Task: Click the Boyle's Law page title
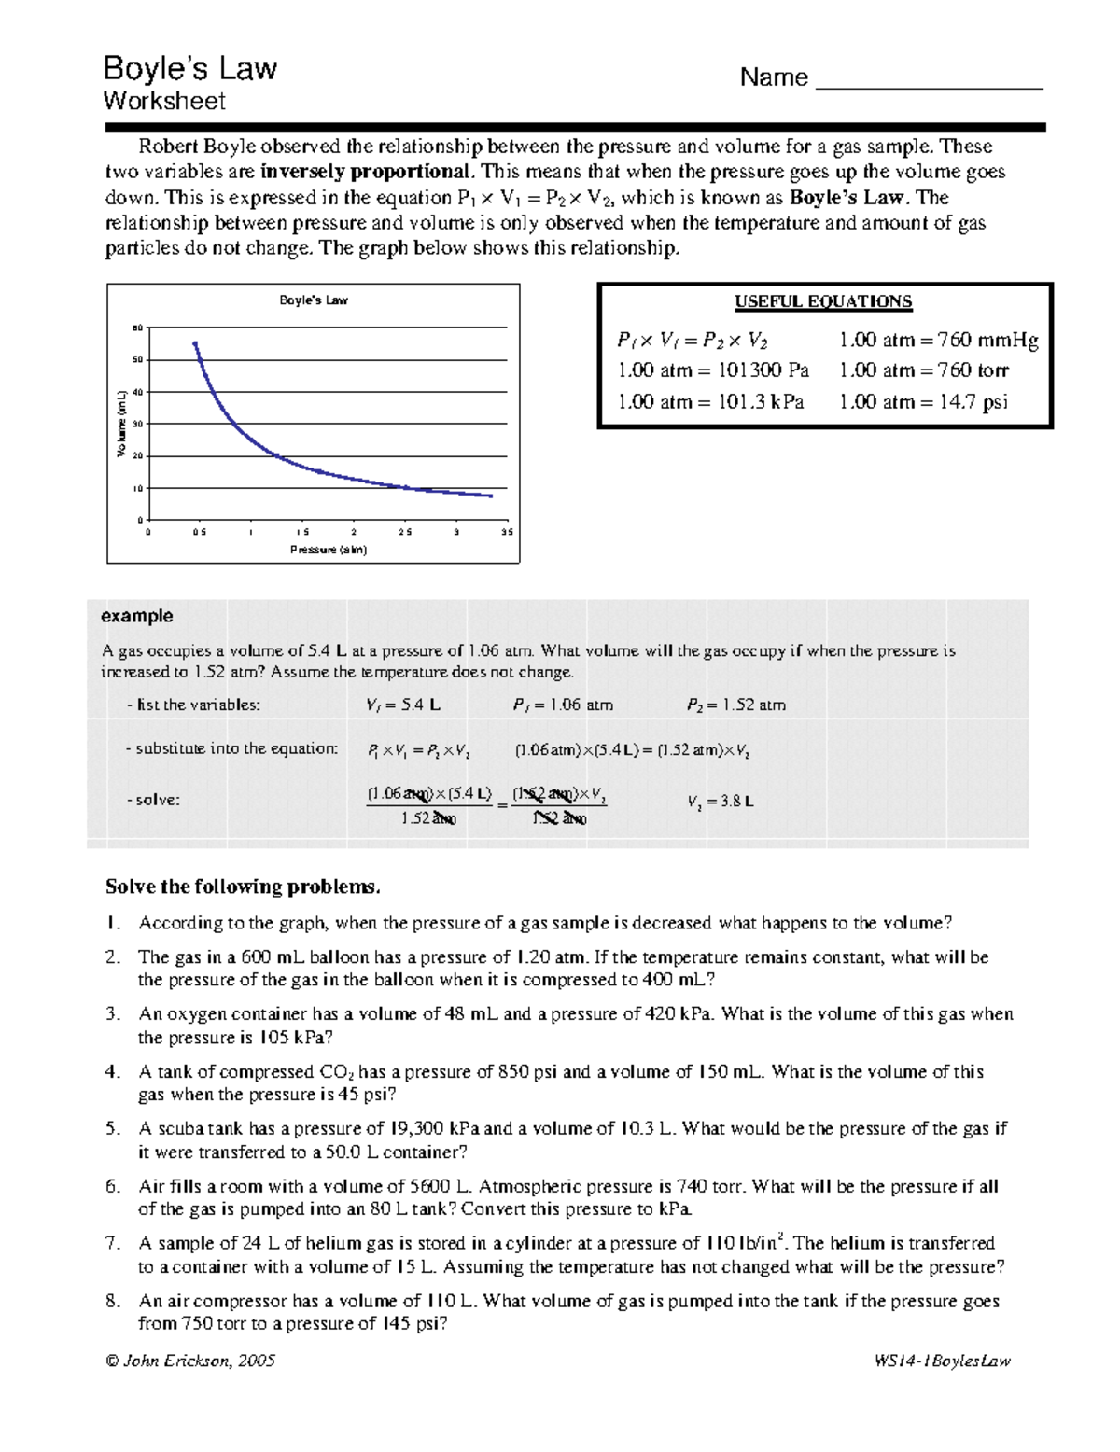[x=190, y=68]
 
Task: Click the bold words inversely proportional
[x=367, y=172]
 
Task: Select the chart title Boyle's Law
[x=314, y=300]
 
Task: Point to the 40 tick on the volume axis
[x=138, y=392]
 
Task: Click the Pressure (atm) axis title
[x=329, y=550]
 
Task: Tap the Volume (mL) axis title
[x=121, y=424]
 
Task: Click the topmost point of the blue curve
[x=195, y=343]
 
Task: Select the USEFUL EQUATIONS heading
[x=823, y=301]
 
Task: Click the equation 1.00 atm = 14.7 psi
[x=923, y=402]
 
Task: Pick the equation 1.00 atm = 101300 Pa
[x=713, y=370]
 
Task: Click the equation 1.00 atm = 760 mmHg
[x=938, y=340]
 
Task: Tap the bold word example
[x=136, y=616]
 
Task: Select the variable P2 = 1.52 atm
[x=736, y=705]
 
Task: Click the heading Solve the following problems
[x=243, y=887]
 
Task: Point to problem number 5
[x=113, y=1129]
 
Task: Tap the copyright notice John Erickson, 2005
[x=190, y=1361]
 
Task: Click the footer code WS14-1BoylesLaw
[x=942, y=1361]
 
